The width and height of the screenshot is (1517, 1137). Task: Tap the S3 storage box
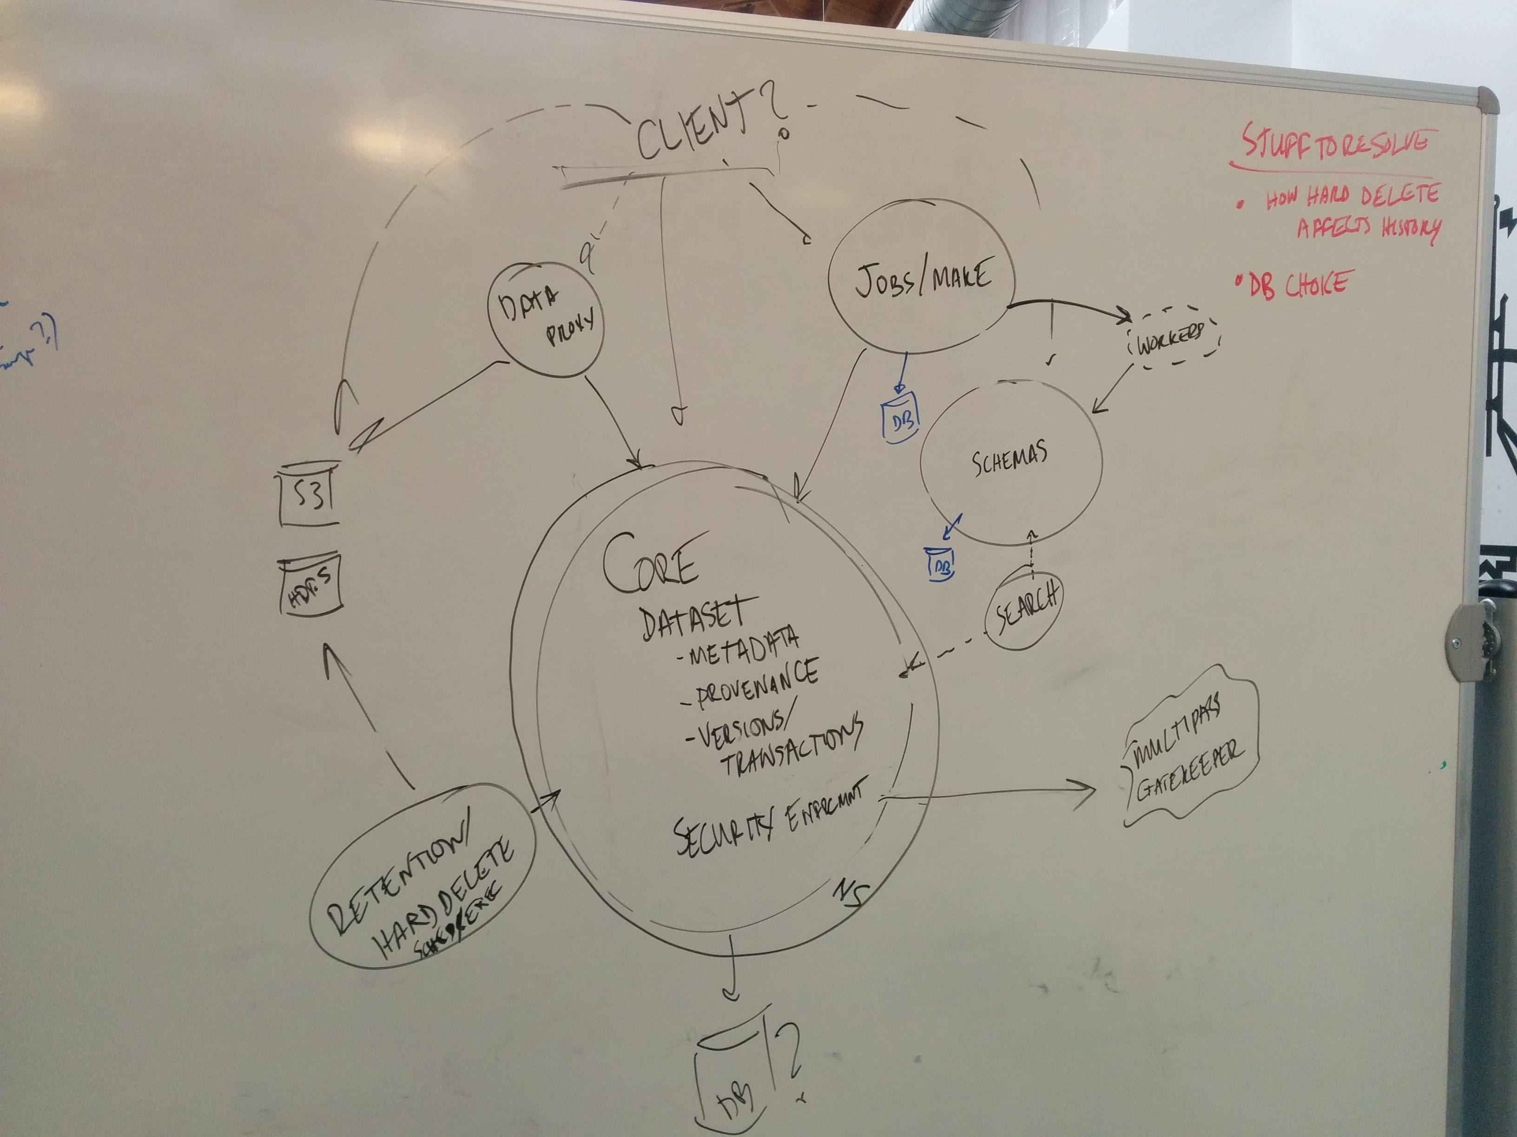coord(310,493)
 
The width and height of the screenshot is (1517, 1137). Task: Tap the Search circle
coord(1023,610)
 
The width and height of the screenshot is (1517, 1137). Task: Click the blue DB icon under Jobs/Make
coord(899,418)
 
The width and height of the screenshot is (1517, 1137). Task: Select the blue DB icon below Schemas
coord(940,563)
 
